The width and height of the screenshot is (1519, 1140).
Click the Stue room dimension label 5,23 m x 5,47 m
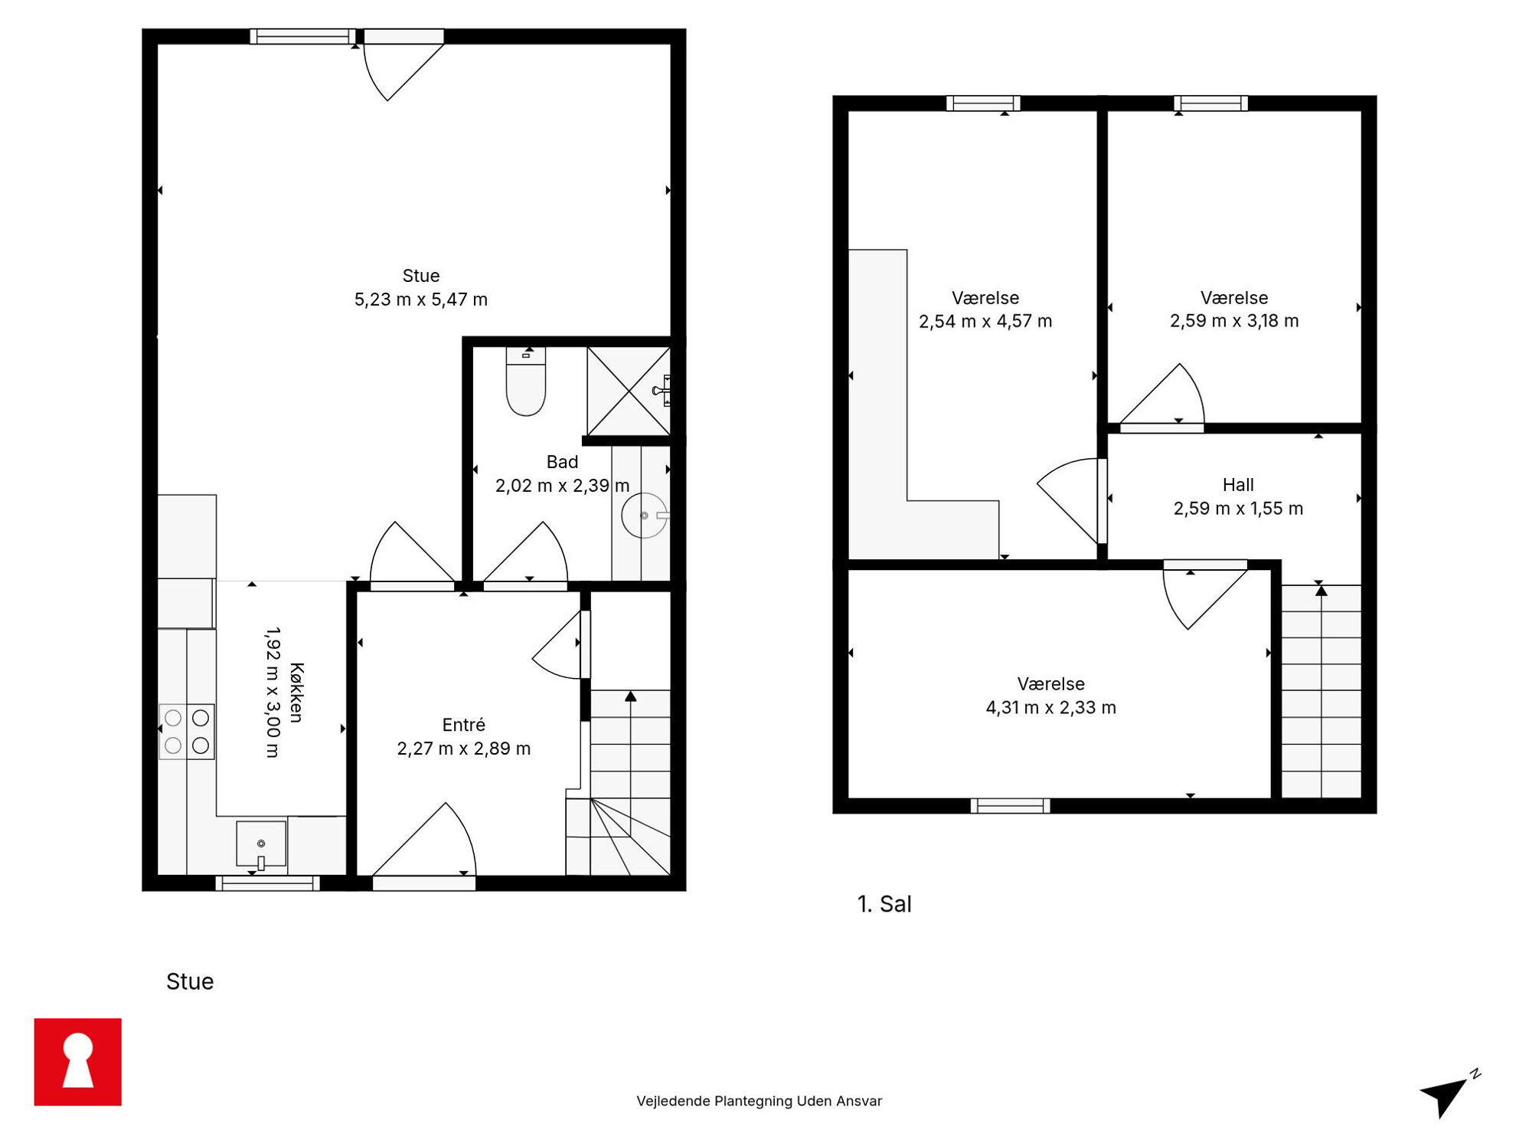click(420, 300)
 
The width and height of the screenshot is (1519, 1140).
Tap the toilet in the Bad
click(526, 382)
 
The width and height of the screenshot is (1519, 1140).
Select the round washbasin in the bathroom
click(645, 516)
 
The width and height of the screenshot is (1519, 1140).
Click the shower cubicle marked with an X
click(629, 391)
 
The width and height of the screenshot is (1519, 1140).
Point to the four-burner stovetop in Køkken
click(187, 732)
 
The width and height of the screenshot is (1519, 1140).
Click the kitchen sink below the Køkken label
click(261, 845)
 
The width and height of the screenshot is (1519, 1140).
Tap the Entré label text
click(464, 725)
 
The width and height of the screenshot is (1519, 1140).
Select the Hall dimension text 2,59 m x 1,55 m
click(1238, 509)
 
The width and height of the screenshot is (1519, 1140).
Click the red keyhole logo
click(78, 1062)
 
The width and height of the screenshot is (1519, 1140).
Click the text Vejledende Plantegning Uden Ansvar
click(759, 1101)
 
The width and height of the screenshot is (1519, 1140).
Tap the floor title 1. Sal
click(884, 904)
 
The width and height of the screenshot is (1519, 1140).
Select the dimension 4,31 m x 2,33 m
click(1050, 708)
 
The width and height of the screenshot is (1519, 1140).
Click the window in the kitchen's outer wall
click(267, 883)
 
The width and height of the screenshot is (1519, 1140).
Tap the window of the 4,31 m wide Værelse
click(1010, 805)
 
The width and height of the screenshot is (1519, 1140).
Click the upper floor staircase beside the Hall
click(1321, 691)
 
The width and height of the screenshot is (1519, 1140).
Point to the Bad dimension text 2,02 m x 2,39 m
click(562, 486)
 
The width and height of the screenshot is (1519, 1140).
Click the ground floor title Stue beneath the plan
click(190, 981)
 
